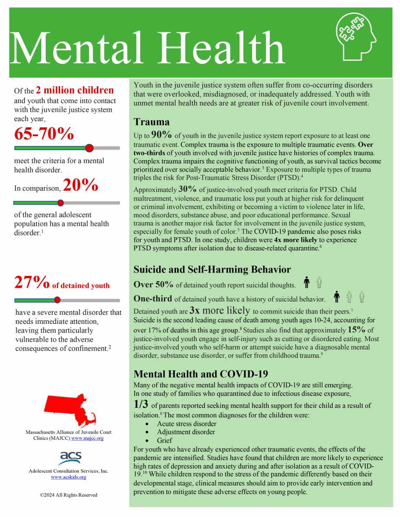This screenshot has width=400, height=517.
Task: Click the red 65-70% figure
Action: click(x=44, y=134)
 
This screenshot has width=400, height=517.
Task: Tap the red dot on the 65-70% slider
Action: click(x=89, y=148)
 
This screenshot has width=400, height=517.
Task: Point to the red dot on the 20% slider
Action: click(x=60, y=203)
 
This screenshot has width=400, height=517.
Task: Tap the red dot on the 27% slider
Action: click(x=57, y=300)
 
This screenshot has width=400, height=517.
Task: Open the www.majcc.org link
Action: click(x=88, y=438)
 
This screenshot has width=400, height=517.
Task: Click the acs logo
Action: click(x=69, y=458)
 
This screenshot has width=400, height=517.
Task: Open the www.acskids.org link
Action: click(x=68, y=477)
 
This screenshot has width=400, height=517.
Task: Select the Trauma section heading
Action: click(x=151, y=122)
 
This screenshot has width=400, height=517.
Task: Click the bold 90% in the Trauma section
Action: click(x=161, y=135)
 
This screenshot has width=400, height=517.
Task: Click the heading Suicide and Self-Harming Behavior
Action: click(x=212, y=270)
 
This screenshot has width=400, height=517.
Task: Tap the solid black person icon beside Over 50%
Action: click(x=307, y=283)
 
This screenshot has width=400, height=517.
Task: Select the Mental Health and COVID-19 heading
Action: click(x=201, y=373)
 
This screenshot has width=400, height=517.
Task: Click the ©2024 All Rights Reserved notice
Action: click(x=68, y=495)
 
